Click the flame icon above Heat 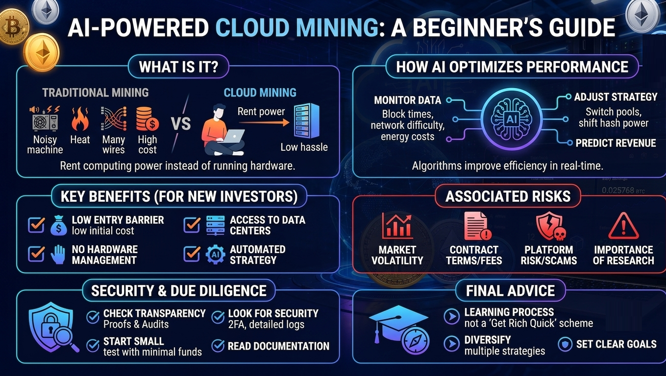(80, 119)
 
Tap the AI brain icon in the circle (512, 119)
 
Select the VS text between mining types (181, 123)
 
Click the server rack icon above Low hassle (307, 120)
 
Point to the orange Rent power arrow (264, 122)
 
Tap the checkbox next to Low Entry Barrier (36, 225)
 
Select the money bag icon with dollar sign (59, 225)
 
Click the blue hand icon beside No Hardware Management (58, 255)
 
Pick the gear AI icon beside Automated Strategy (215, 255)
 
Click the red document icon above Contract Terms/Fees (477, 226)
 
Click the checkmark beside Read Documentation (218, 346)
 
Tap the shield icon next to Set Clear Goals (565, 344)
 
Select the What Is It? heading (179, 67)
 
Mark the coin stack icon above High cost (147, 119)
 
